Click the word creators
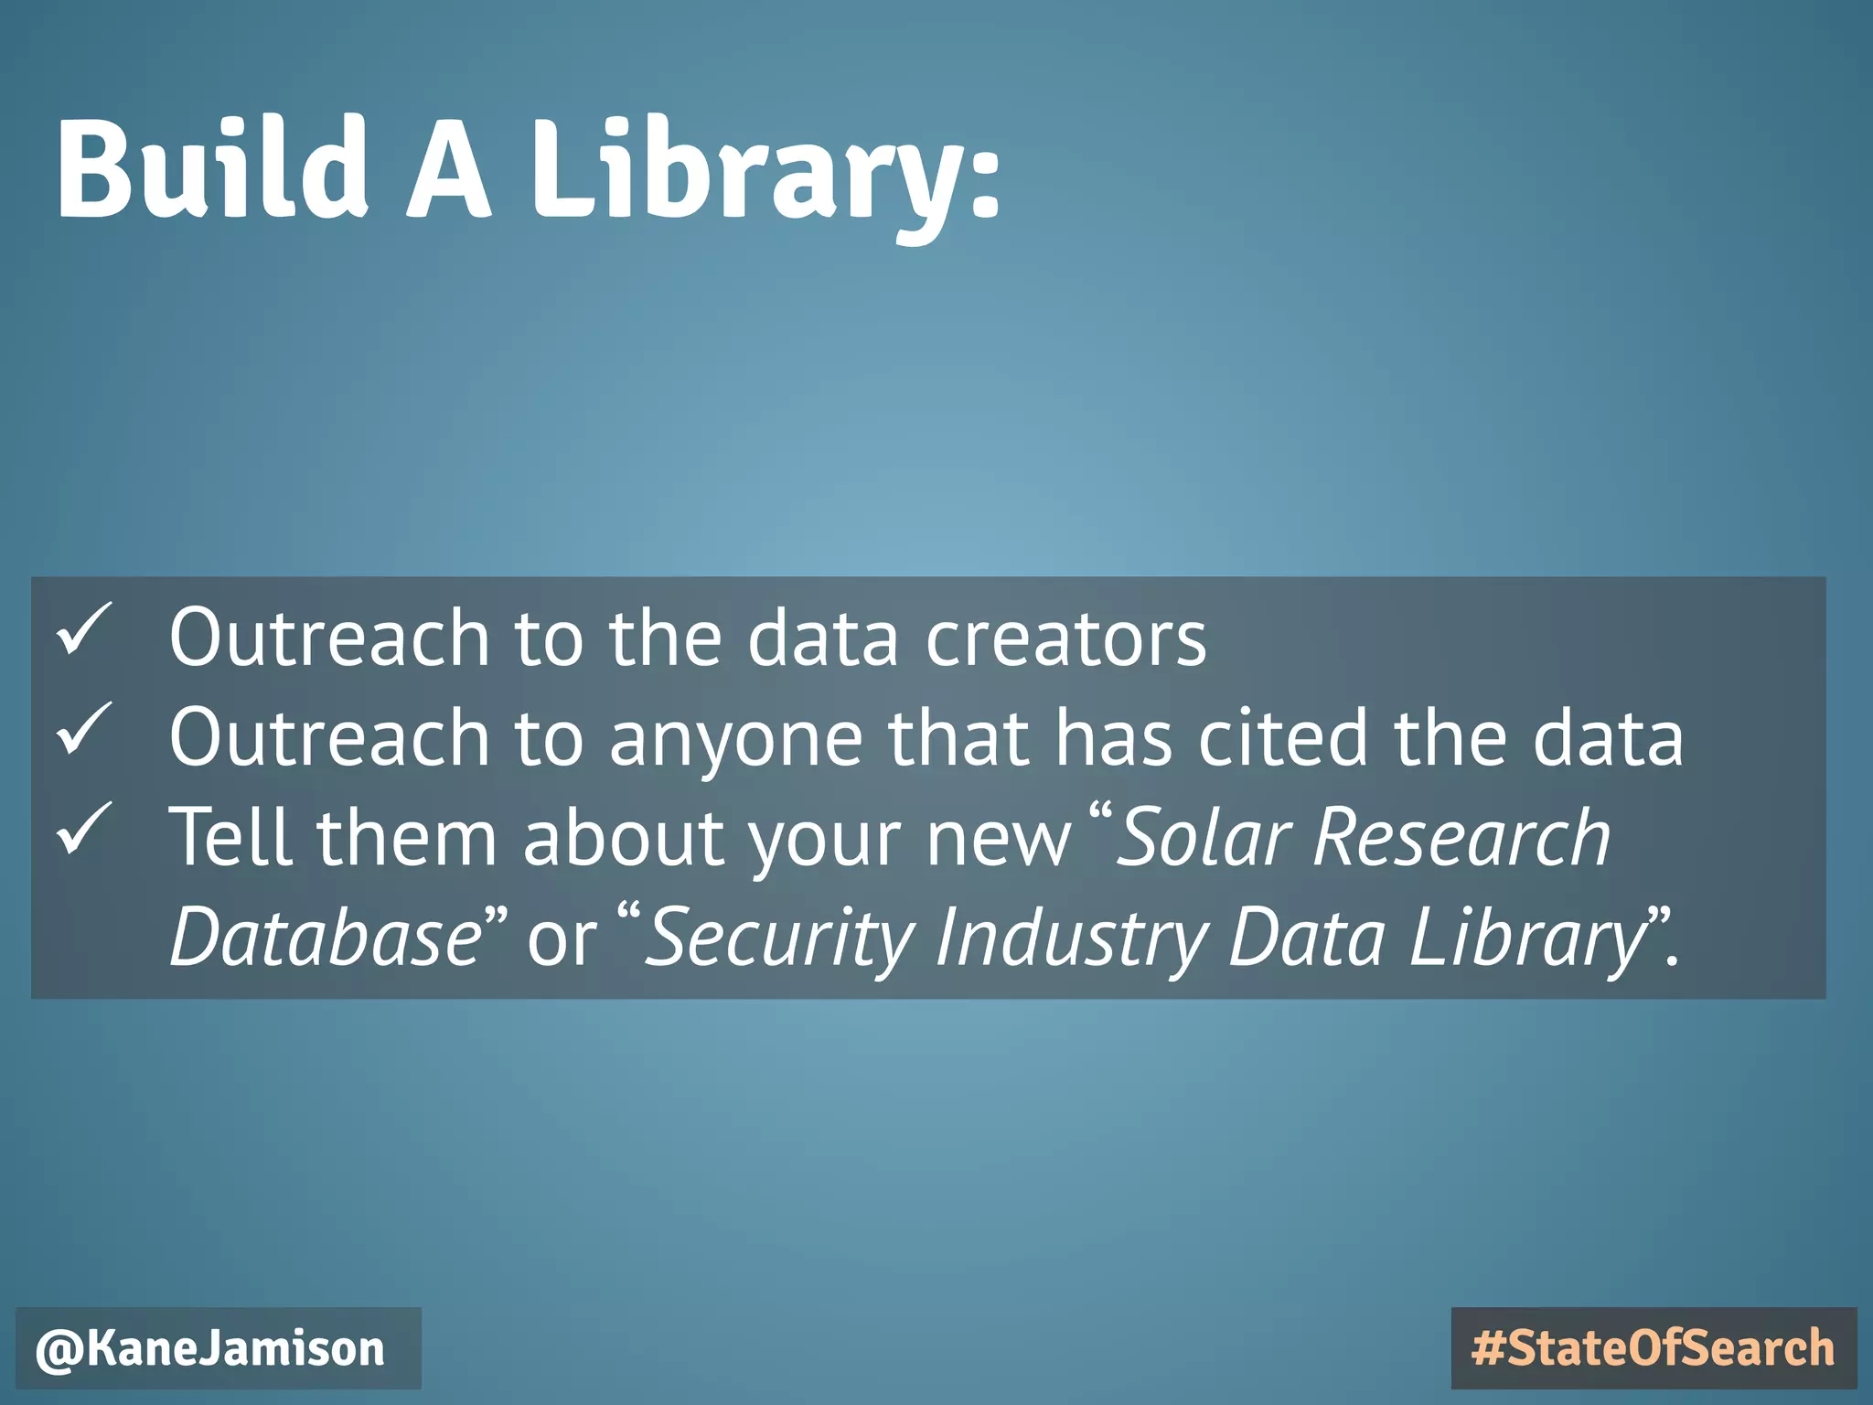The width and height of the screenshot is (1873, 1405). [1065, 638]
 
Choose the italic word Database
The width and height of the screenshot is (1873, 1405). [326, 937]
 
